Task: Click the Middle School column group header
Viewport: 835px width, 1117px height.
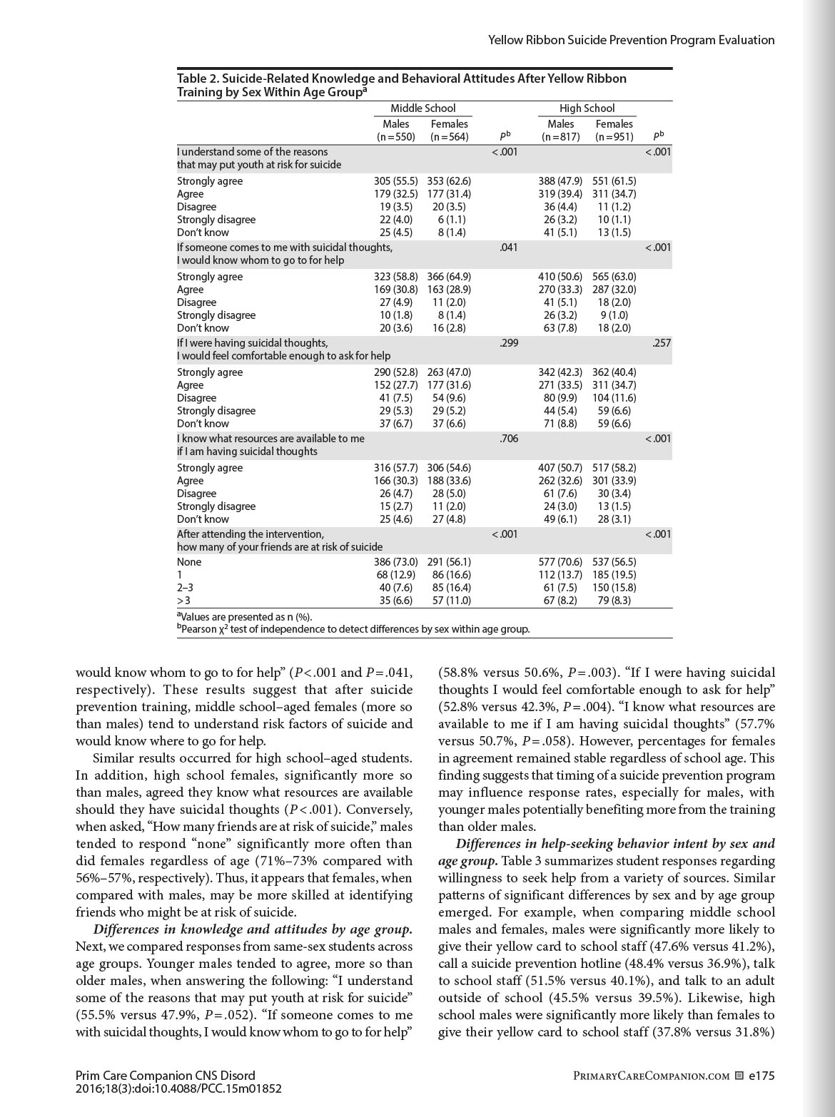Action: (x=422, y=108)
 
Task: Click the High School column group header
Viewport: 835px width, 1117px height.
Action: (x=587, y=108)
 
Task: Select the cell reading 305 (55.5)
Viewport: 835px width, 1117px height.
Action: (x=396, y=181)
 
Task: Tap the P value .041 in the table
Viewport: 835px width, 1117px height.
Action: (x=508, y=248)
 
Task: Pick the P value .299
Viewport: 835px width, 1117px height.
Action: (x=508, y=343)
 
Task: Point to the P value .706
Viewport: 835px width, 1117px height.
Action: (x=508, y=439)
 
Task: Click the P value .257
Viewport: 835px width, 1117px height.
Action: (x=662, y=343)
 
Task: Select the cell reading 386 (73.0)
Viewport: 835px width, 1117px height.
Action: (x=396, y=562)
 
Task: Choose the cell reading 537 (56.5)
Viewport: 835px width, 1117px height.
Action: (x=614, y=562)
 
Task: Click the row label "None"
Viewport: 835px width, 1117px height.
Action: (x=189, y=562)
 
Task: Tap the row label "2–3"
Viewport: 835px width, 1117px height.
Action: (x=185, y=588)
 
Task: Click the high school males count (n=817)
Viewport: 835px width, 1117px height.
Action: (x=560, y=137)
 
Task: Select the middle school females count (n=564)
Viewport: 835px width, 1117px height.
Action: (x=450, y=137)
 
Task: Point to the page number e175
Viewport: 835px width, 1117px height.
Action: (x=761, y=1076)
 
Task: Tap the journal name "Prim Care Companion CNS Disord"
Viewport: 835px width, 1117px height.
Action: (x=165, y=1076)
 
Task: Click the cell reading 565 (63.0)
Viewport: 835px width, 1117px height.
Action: (x=614, y=277)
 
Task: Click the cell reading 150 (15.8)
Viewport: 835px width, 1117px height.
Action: (x=614, y=588)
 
